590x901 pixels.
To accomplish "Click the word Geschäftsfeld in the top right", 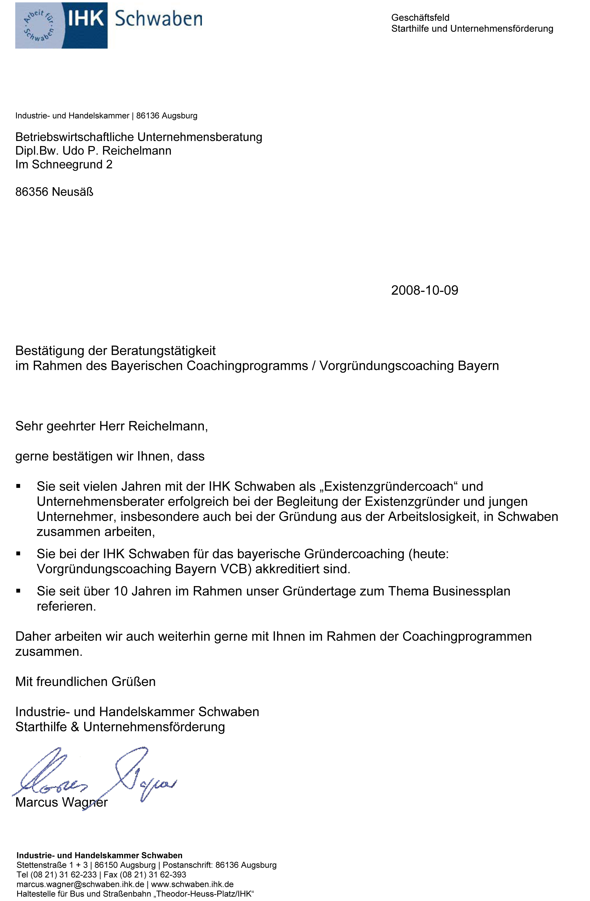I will (x=420, y=18).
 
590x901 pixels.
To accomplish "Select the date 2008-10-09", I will (x=424, y=291).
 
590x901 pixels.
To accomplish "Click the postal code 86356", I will (x=32, y=192).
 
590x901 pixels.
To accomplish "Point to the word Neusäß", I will (x=72, y=192).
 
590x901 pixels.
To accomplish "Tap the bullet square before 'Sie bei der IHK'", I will (x=18, y=554).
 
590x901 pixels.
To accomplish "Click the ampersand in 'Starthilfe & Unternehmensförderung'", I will (x=75, y=727).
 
